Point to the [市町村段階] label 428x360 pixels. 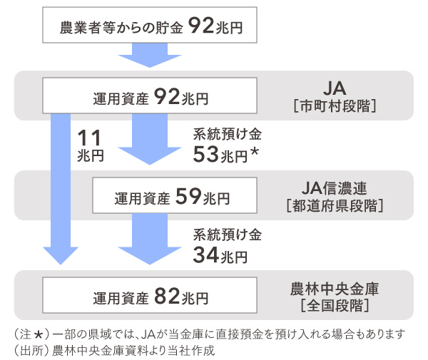point(334,106)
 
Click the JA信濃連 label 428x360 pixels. point(334,188)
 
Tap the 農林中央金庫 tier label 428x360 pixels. point(334,289)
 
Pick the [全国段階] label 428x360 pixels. point(334,307)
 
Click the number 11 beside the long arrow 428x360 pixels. point(90,136)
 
